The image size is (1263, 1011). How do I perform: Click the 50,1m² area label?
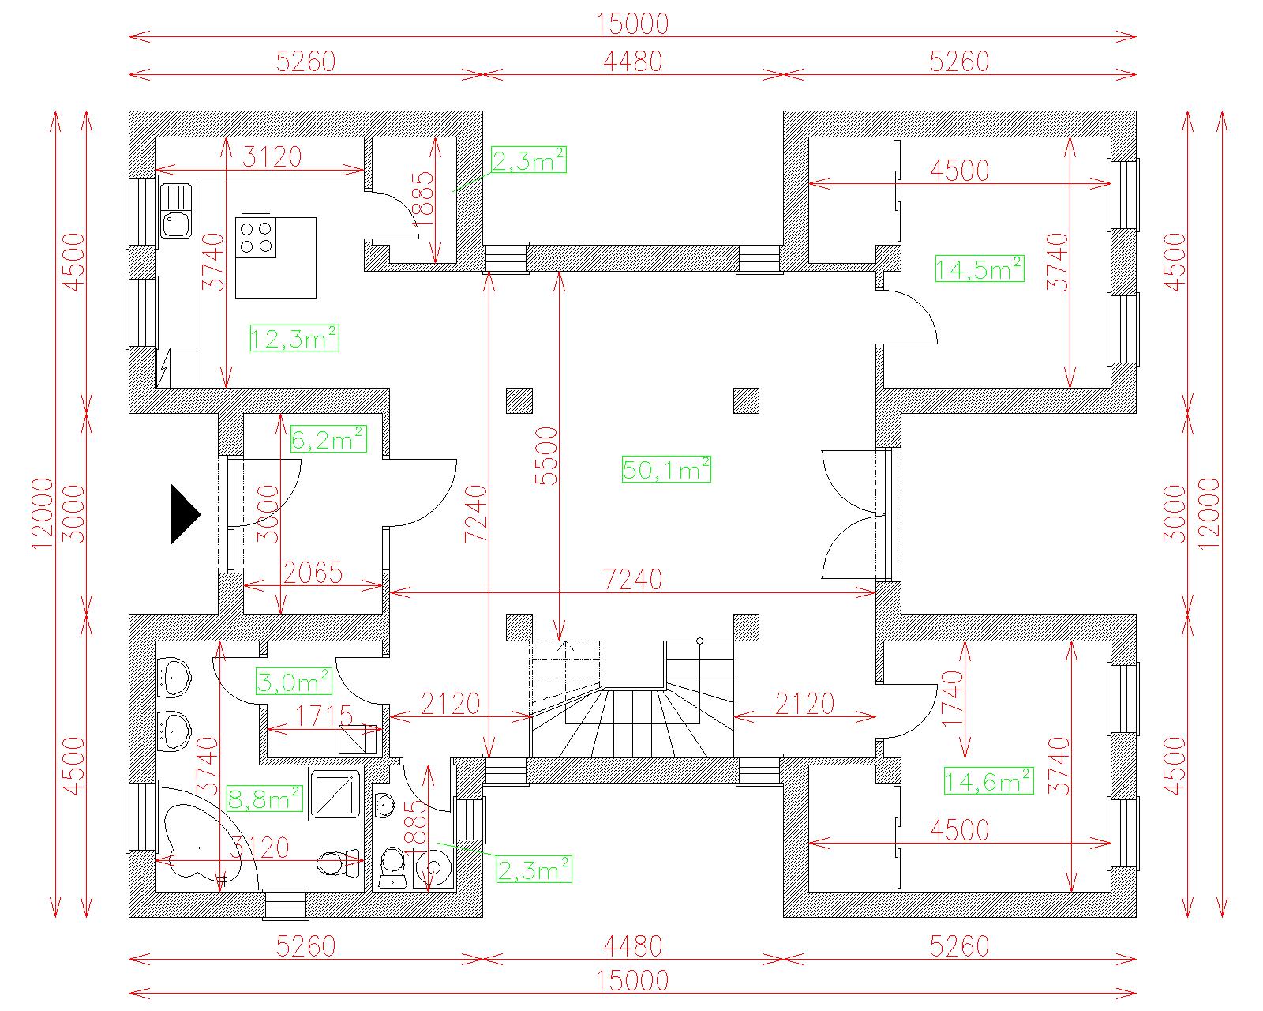(x=666, y=469)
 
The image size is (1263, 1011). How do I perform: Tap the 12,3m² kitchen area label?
(x=294, y=338)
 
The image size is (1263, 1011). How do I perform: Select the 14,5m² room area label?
(x=979, y=269)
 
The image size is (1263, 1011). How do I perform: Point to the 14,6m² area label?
(x=988, y=780)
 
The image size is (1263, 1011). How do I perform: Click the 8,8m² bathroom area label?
(x=264, y=799)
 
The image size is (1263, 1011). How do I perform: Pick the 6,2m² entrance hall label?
(x=328, y=439)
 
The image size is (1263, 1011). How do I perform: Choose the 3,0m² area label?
(x=294, y=682)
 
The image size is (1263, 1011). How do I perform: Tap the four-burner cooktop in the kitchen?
(x=256, y=237)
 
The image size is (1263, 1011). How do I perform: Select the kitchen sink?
(x=175, y=210)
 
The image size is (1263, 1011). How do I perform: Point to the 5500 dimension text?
(x=545, y=455)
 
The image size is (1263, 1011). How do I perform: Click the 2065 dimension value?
(x=313, y=573)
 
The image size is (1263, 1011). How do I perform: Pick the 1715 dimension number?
(x=324, y=716)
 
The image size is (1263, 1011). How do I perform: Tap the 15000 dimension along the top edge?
(x=632, y=24)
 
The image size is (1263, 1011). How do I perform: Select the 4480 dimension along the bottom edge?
(x=632, y=945)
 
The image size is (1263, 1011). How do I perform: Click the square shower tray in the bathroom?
(x=335, y=795)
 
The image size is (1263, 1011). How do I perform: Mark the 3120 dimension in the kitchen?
(x=272, y=157)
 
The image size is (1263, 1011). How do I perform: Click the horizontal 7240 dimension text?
(x=632, y=580)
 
